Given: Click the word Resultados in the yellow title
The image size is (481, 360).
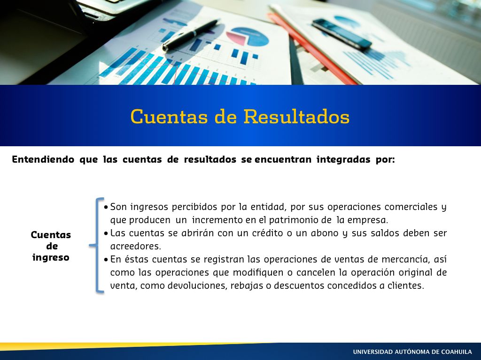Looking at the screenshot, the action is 297,117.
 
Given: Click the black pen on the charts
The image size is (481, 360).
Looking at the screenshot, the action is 191,35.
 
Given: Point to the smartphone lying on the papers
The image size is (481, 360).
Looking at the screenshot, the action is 342,34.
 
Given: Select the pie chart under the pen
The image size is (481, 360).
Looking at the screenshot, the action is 248,37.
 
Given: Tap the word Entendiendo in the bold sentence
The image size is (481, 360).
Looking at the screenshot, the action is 43,159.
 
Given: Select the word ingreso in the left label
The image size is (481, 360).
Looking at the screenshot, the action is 51,257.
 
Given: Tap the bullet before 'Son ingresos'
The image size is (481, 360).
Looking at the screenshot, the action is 106,207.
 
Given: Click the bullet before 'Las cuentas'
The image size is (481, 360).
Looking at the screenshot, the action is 106,233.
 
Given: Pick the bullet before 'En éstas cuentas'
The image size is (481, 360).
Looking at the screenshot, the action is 106,260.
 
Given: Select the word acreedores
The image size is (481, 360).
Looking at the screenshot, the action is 136,247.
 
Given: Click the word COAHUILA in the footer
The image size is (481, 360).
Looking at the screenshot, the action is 457,352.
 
